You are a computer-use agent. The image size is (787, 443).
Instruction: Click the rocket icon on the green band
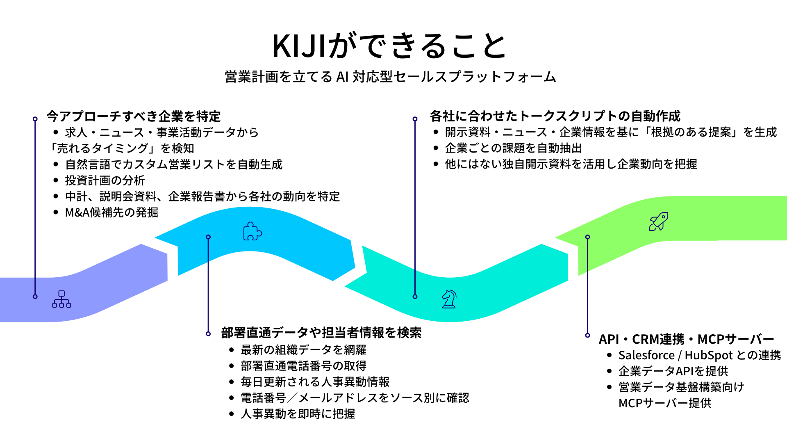658,221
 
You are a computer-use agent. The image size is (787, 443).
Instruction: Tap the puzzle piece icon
252,231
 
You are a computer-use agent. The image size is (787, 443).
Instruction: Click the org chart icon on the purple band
61,299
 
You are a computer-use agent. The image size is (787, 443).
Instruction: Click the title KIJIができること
390,46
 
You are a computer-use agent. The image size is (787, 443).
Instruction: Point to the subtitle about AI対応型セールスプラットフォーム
390,77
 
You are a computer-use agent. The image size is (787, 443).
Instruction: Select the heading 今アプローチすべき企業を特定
134,116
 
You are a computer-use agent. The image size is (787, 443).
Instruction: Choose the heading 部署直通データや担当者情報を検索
321,333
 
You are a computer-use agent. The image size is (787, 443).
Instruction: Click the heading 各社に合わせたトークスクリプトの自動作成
555,116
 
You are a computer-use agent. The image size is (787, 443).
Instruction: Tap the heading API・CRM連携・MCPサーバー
686,339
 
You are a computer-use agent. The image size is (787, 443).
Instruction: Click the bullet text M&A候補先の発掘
111,212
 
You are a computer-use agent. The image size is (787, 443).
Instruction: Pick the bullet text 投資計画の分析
105,180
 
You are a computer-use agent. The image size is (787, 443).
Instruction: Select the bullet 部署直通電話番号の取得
303,366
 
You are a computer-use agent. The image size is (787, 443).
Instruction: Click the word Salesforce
646,355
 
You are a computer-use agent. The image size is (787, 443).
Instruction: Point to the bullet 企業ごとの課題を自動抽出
513,148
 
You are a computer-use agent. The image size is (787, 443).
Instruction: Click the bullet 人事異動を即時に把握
298,414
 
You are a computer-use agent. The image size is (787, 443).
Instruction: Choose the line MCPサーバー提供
665,403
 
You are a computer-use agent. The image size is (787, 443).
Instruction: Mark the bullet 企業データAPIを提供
673,371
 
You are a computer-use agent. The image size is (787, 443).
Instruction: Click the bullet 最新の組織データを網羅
303,350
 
